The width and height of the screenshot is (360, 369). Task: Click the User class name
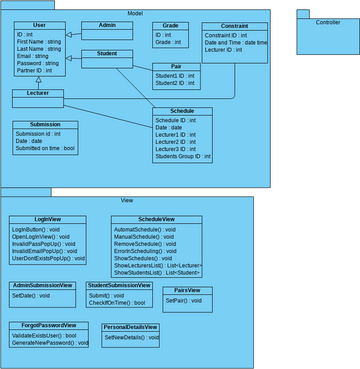point(39,25)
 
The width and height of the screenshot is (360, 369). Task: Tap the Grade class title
point(171,25)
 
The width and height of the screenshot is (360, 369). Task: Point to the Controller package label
point(327,21)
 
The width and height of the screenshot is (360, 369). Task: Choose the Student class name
point(107,54)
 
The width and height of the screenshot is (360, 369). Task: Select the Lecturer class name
point(38,93)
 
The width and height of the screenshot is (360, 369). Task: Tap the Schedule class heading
point(183,111)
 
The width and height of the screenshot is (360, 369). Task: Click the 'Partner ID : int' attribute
point(36,71)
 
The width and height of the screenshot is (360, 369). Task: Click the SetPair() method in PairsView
point(180,300)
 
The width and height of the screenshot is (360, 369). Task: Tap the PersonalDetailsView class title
point(130,327)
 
